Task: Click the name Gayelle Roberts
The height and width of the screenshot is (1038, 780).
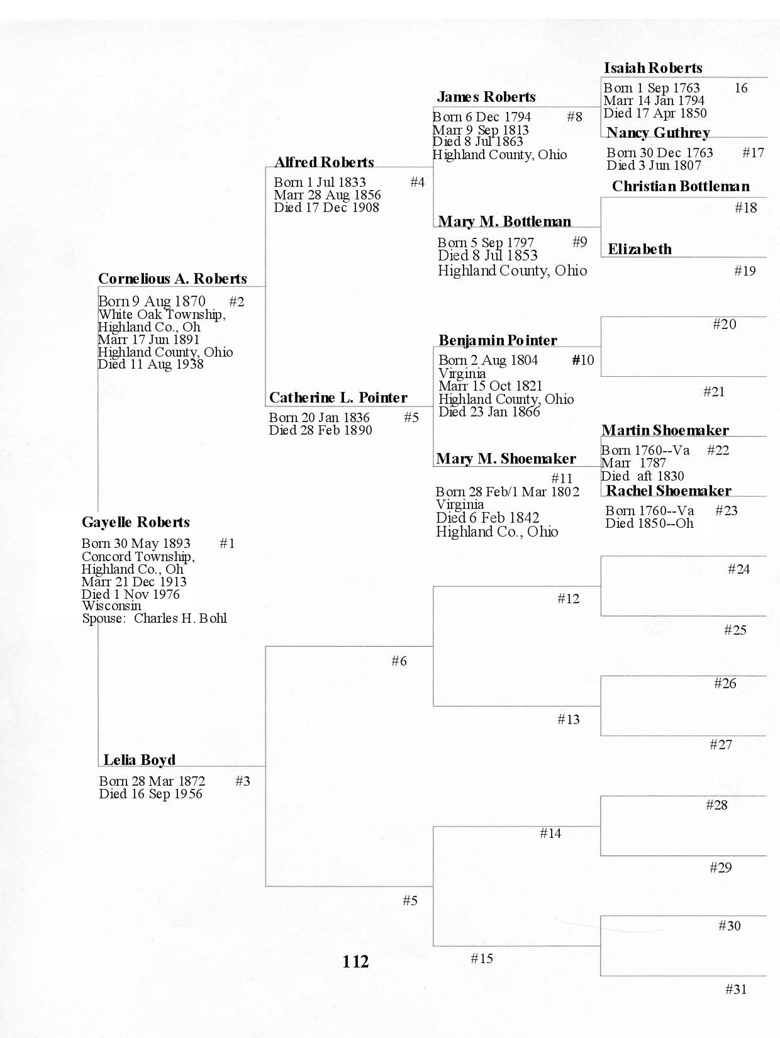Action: pos(136,522)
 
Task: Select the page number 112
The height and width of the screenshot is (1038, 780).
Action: pos(355,961)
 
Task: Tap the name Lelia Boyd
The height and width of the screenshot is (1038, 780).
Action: pos(139,760)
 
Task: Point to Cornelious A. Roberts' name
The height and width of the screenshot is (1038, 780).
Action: pos(172,279)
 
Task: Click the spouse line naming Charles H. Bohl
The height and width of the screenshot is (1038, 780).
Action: pos(154,618)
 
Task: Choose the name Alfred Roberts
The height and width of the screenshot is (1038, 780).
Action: pos(324,162)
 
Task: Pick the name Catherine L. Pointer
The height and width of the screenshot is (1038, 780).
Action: pos(338,398)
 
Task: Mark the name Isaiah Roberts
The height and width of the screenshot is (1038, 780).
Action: pos(653,68)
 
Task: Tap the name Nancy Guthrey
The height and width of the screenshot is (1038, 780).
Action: pos(658,133)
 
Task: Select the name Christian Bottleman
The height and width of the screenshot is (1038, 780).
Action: pos(681,186)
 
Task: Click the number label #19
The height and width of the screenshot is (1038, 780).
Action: pos(745,271)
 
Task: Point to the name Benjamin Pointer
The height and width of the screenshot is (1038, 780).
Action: pos(498,340)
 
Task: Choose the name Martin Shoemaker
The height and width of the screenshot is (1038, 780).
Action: pos(665,430)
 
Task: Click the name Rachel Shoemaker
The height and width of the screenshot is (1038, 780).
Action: pos(668,491)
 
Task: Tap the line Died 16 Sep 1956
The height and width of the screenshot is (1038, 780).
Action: pos(151,794)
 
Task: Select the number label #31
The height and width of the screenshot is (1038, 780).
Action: pos(736,990)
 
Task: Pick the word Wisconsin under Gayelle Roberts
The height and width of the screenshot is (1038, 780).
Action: pos(111,606)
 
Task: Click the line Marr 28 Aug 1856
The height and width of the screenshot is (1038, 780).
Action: pos(327,195)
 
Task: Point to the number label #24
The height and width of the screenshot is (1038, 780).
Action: pos(738,569)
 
